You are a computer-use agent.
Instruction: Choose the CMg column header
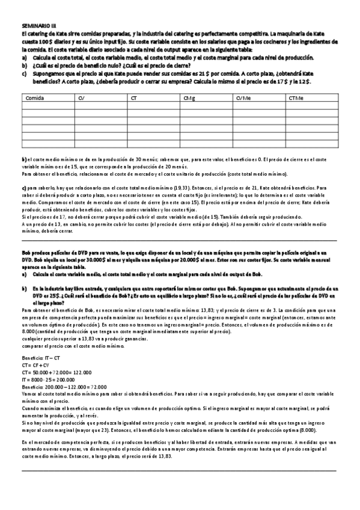188,97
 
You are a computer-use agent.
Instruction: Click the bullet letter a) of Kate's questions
24,57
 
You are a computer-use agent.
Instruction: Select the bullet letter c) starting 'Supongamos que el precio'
24,72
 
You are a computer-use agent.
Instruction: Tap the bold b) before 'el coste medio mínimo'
24,158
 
